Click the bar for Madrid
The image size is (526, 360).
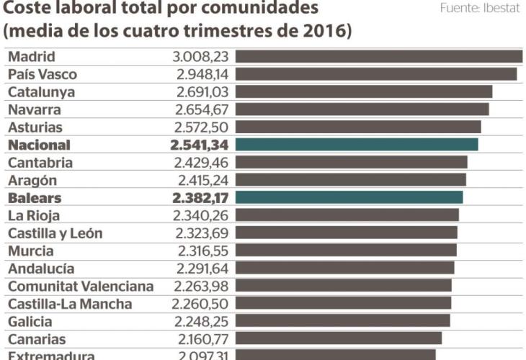378,57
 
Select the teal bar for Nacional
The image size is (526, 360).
357,145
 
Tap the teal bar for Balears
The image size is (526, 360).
349,197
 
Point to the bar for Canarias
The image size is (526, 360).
339,338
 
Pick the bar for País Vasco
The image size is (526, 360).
375,74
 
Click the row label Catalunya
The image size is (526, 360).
41,92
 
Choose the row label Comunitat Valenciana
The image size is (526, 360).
81,286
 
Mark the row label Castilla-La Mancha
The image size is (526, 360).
70,304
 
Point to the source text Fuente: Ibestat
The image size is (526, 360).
479,9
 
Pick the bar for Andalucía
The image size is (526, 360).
344,268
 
